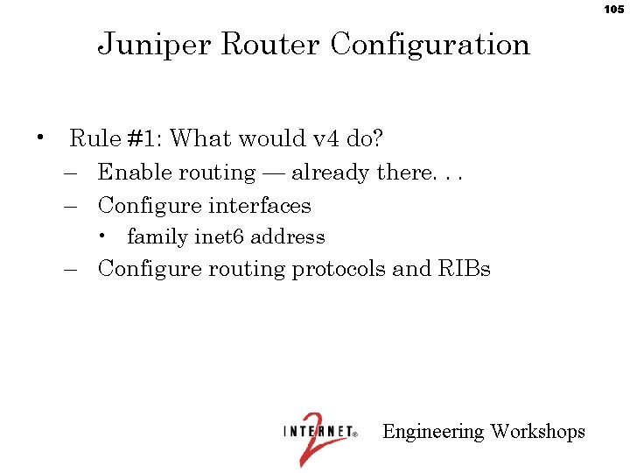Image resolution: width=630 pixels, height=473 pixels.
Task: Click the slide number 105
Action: tap(613, 9)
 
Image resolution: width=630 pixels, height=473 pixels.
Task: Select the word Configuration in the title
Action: tap(430, 44)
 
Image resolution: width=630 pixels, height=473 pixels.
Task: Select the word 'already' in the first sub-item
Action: tap(331, 173)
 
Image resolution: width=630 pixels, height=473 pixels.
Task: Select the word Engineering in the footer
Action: tap(433, 432)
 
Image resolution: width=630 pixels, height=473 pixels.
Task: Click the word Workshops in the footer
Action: tap(538, 432)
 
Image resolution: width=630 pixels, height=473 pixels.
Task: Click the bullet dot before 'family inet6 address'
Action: tap(103, 236)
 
